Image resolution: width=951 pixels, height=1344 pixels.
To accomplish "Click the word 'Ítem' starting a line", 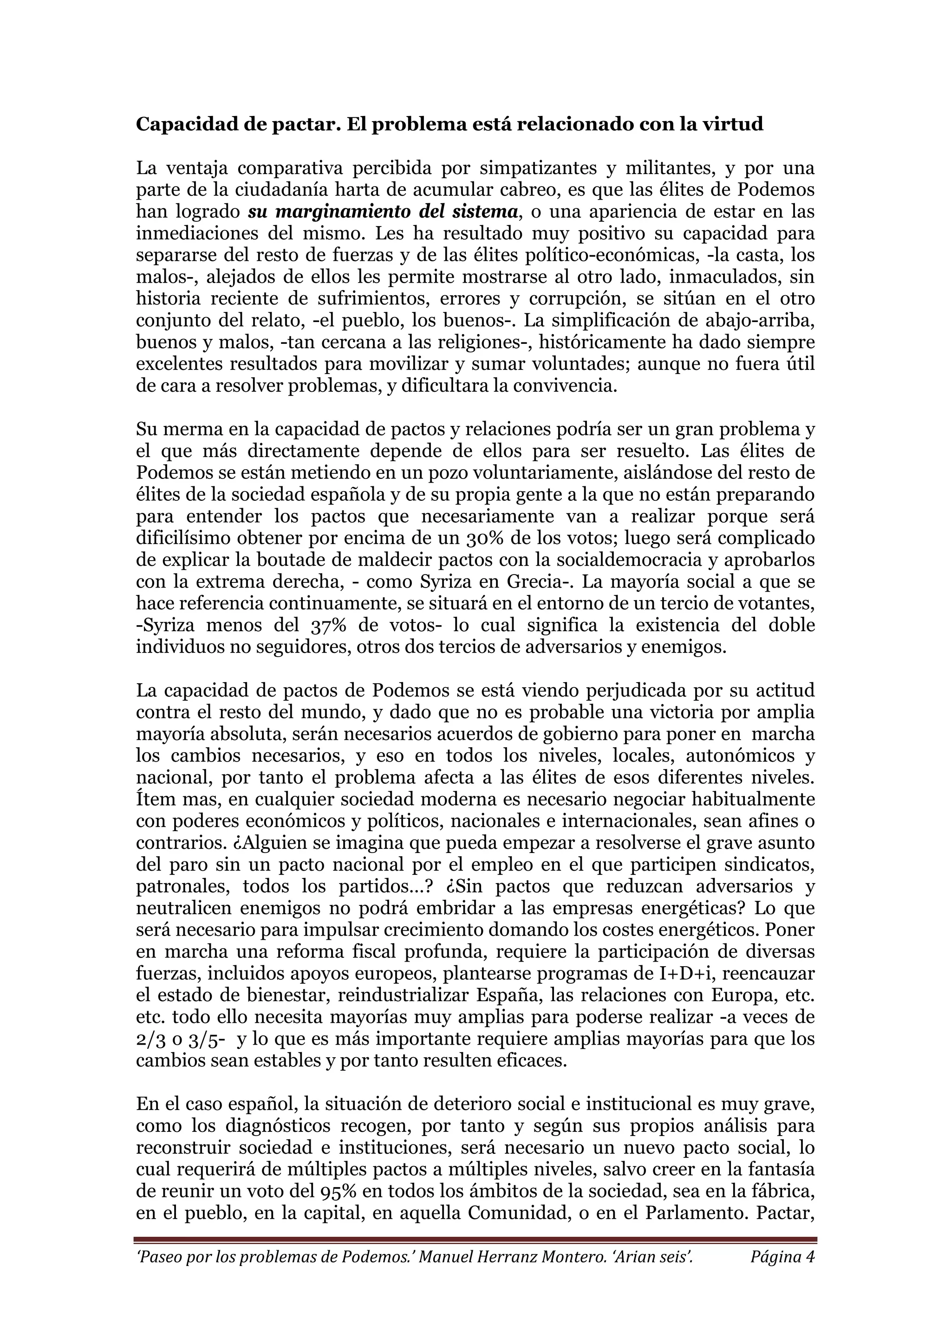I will (153, 800).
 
